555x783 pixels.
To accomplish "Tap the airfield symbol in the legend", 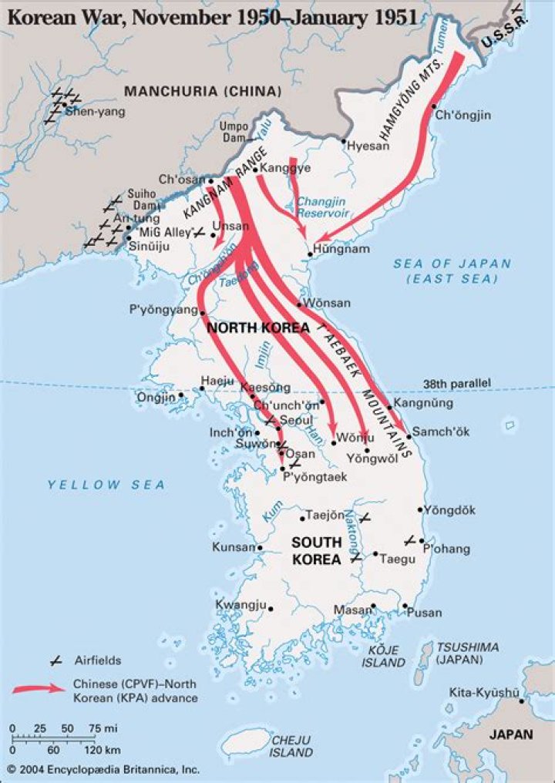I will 55,660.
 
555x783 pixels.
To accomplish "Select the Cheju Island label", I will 291,746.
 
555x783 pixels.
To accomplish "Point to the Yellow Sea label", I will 106,485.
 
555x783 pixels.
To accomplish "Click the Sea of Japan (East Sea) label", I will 452,271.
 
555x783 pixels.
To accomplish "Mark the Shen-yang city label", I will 95,111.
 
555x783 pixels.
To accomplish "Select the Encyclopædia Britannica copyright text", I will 103,769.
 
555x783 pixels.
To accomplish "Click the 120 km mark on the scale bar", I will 92,749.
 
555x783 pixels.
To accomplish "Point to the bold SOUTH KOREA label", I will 316,551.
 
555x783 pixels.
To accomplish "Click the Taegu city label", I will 396,554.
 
